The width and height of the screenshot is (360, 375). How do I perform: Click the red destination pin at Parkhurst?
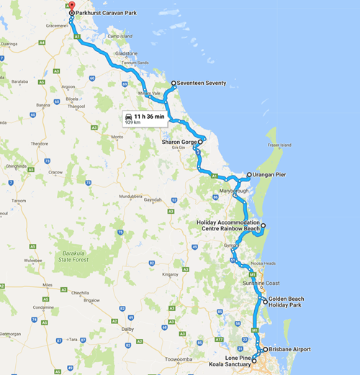pyautogui.click(x=71, y=6)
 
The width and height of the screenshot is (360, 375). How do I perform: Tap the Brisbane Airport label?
pyautogui.click(x=290, y=349)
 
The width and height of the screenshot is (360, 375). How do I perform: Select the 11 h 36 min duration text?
pyautogui.click(x=149, y=116)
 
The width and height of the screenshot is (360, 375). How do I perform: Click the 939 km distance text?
pyautogui.click(x=132, y=122)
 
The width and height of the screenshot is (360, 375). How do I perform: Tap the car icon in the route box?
pyautogui.click(x=128, y=116)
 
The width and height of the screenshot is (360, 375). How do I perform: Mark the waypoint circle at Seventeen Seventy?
pyautogui.click(x=174, y=83)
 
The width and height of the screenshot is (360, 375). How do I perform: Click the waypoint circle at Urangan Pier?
pyautogui.click(x=248, y=175)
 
